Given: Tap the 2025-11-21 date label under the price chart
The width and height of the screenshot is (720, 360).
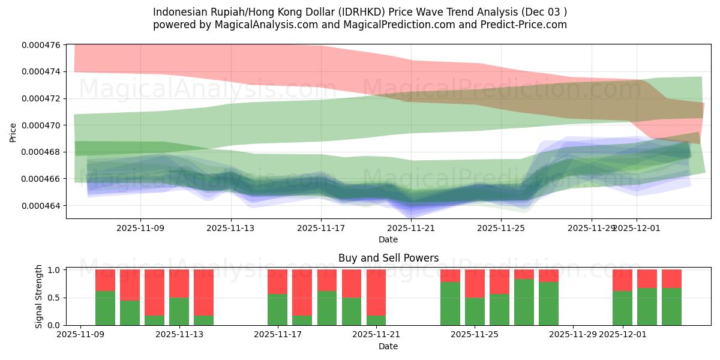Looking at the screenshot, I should click(411, 228).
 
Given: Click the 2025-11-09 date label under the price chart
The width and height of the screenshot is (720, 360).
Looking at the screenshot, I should click(140, 228).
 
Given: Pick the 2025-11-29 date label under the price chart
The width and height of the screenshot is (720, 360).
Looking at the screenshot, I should click(592, 228).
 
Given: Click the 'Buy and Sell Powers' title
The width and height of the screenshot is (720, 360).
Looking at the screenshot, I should click(388, 259).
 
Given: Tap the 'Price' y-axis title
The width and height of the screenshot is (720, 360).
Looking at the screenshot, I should click(13, 131).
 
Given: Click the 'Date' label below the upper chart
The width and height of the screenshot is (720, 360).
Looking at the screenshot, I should click(388, 239).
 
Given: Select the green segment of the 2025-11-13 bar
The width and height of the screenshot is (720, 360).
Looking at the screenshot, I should click(179, 311).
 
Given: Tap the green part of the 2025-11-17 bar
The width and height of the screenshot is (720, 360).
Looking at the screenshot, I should click(277, 310).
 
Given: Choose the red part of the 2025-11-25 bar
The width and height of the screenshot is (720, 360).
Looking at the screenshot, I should click(475, 283).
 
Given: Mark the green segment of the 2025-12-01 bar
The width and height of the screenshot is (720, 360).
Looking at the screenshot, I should click(622, 308).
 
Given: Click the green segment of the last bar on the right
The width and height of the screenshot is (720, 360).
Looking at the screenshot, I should click(671, 307).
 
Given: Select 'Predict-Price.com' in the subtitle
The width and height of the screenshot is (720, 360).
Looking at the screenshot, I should click(527, 25).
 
